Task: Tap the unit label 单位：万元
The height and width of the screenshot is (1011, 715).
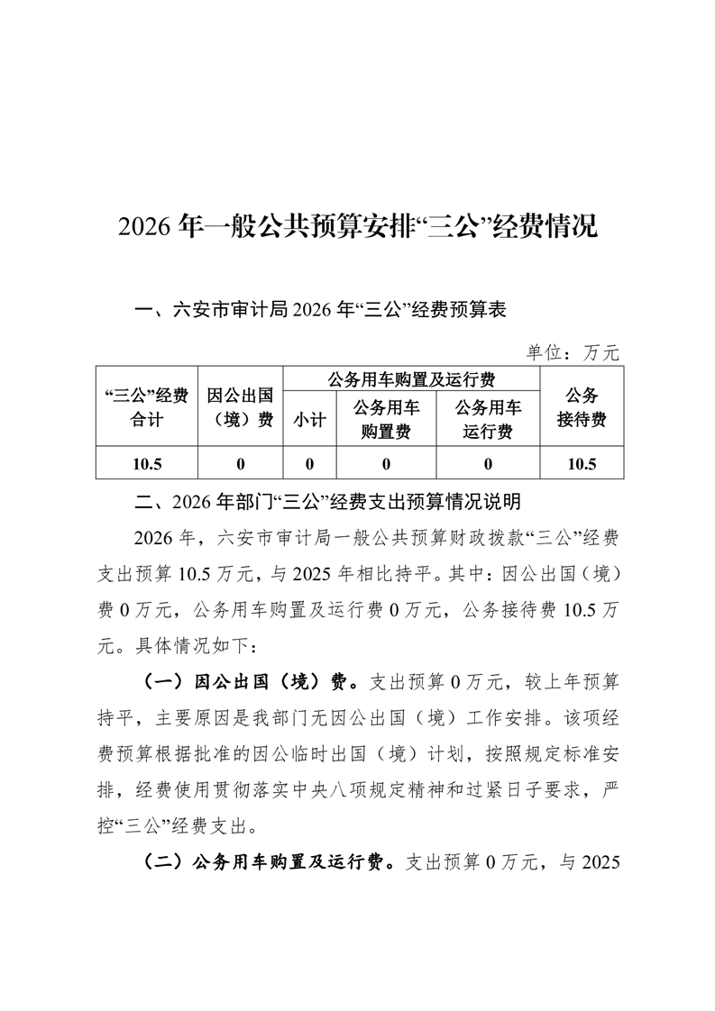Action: tap(573, 352)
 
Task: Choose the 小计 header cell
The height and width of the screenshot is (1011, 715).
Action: tap(309, 419)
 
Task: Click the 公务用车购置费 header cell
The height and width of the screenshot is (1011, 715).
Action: tap(386, 419)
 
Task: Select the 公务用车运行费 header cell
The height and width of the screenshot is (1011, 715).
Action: tap(488, 419)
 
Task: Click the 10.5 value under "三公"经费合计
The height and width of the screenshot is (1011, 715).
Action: tap(146, 464)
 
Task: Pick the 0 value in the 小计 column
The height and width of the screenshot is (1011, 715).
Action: tap(309, 464)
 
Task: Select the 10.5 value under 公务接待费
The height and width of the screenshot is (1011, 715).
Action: tap(582, 464)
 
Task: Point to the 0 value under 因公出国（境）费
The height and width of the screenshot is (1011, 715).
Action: tap(240, 464)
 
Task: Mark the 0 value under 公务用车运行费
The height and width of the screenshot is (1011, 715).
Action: tap(488, 464)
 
